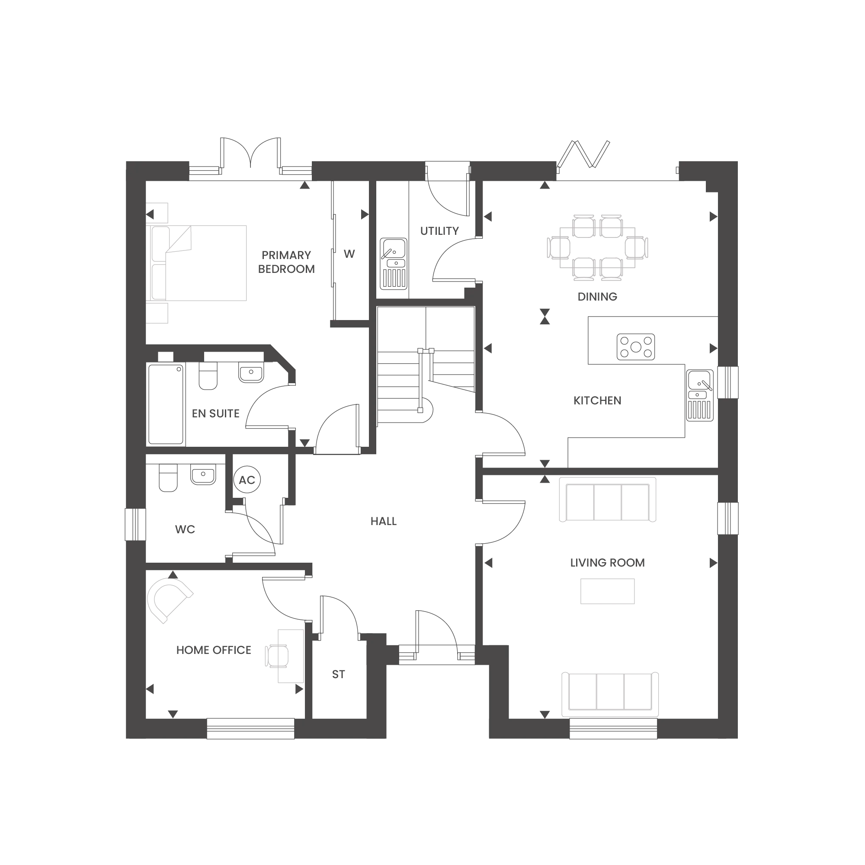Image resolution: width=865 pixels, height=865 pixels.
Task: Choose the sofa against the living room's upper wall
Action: point(607,499)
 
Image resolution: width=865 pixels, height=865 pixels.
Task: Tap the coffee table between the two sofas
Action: point(607,591)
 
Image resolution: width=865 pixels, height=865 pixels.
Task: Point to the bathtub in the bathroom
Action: point(166,405)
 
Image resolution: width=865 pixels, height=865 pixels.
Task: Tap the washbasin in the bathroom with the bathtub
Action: point(251,372)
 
